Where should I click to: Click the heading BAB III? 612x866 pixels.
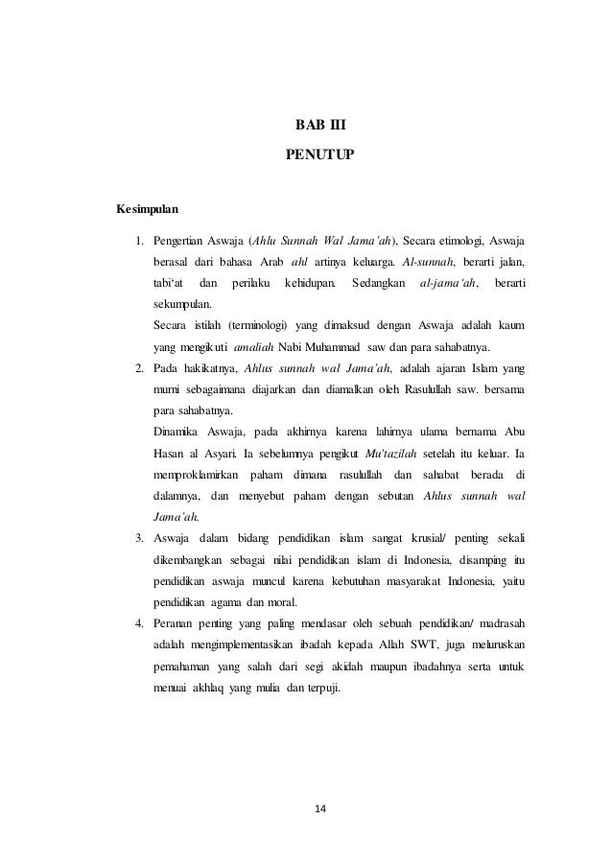[x=318, y=125]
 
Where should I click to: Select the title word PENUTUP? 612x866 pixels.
[x=318, y=152]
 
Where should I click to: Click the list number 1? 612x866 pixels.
[x=138, y=239]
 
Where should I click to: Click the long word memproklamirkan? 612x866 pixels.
[x=195, y=475]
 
